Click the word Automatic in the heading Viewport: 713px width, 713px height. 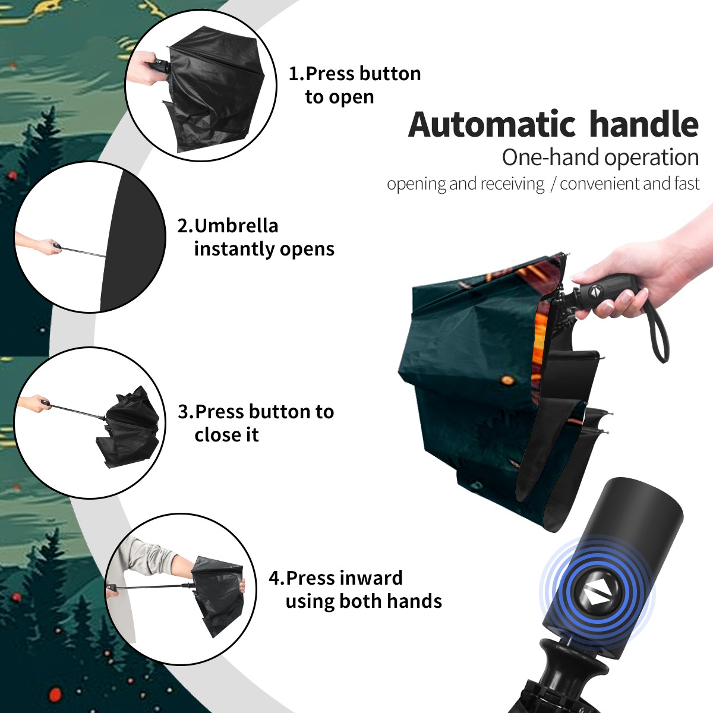pyautogui.click(x=492, y=125)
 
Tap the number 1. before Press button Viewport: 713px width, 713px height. pyautogui.click(x=296, y=74)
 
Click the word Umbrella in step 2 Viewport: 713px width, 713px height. pyautogui.click(x=236, y=226)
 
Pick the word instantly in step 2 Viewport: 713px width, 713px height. pyautogui.click(x=234, y=249)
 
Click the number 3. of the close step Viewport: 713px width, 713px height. pyautogui.click(x=186, y=412)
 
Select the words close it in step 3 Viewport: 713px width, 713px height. pyautogui.click(x=226, y=434)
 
